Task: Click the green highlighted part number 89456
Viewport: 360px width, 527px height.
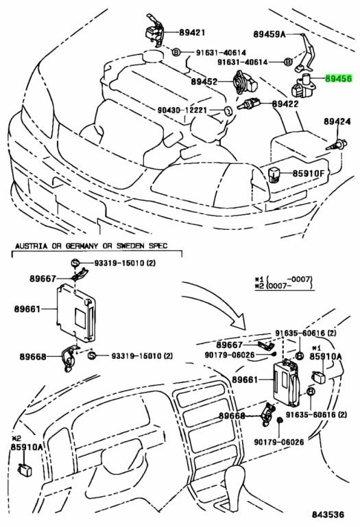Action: click(x=339, y=79)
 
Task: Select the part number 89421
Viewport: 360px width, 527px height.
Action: click(x=192, y=32)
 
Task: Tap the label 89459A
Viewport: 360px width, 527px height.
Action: click(x=269, y=34)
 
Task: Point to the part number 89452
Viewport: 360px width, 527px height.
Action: click(x=204, y=82)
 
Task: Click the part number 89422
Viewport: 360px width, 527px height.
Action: click(x=285, y=104)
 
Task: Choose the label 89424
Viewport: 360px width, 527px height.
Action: click(x=337, y=121)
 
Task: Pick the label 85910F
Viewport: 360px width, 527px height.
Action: click(x=309, y=174)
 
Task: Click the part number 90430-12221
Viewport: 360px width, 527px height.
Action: click(x=182, y=110)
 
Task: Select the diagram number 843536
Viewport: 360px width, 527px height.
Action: click(x=328, y=514)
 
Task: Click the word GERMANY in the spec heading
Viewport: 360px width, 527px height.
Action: click(x=82, y=246)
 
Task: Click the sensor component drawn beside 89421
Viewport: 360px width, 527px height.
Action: click(x=154, y=31)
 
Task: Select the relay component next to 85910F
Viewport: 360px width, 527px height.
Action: click(x=274, y=175)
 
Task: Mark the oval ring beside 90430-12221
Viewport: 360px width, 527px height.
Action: click(x=228, y=110)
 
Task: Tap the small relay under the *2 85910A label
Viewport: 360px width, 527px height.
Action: click(x=25, y=469)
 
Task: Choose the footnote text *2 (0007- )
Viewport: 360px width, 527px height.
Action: click(x=284, y=285)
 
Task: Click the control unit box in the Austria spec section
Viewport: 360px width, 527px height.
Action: click(x=75, y=313)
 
